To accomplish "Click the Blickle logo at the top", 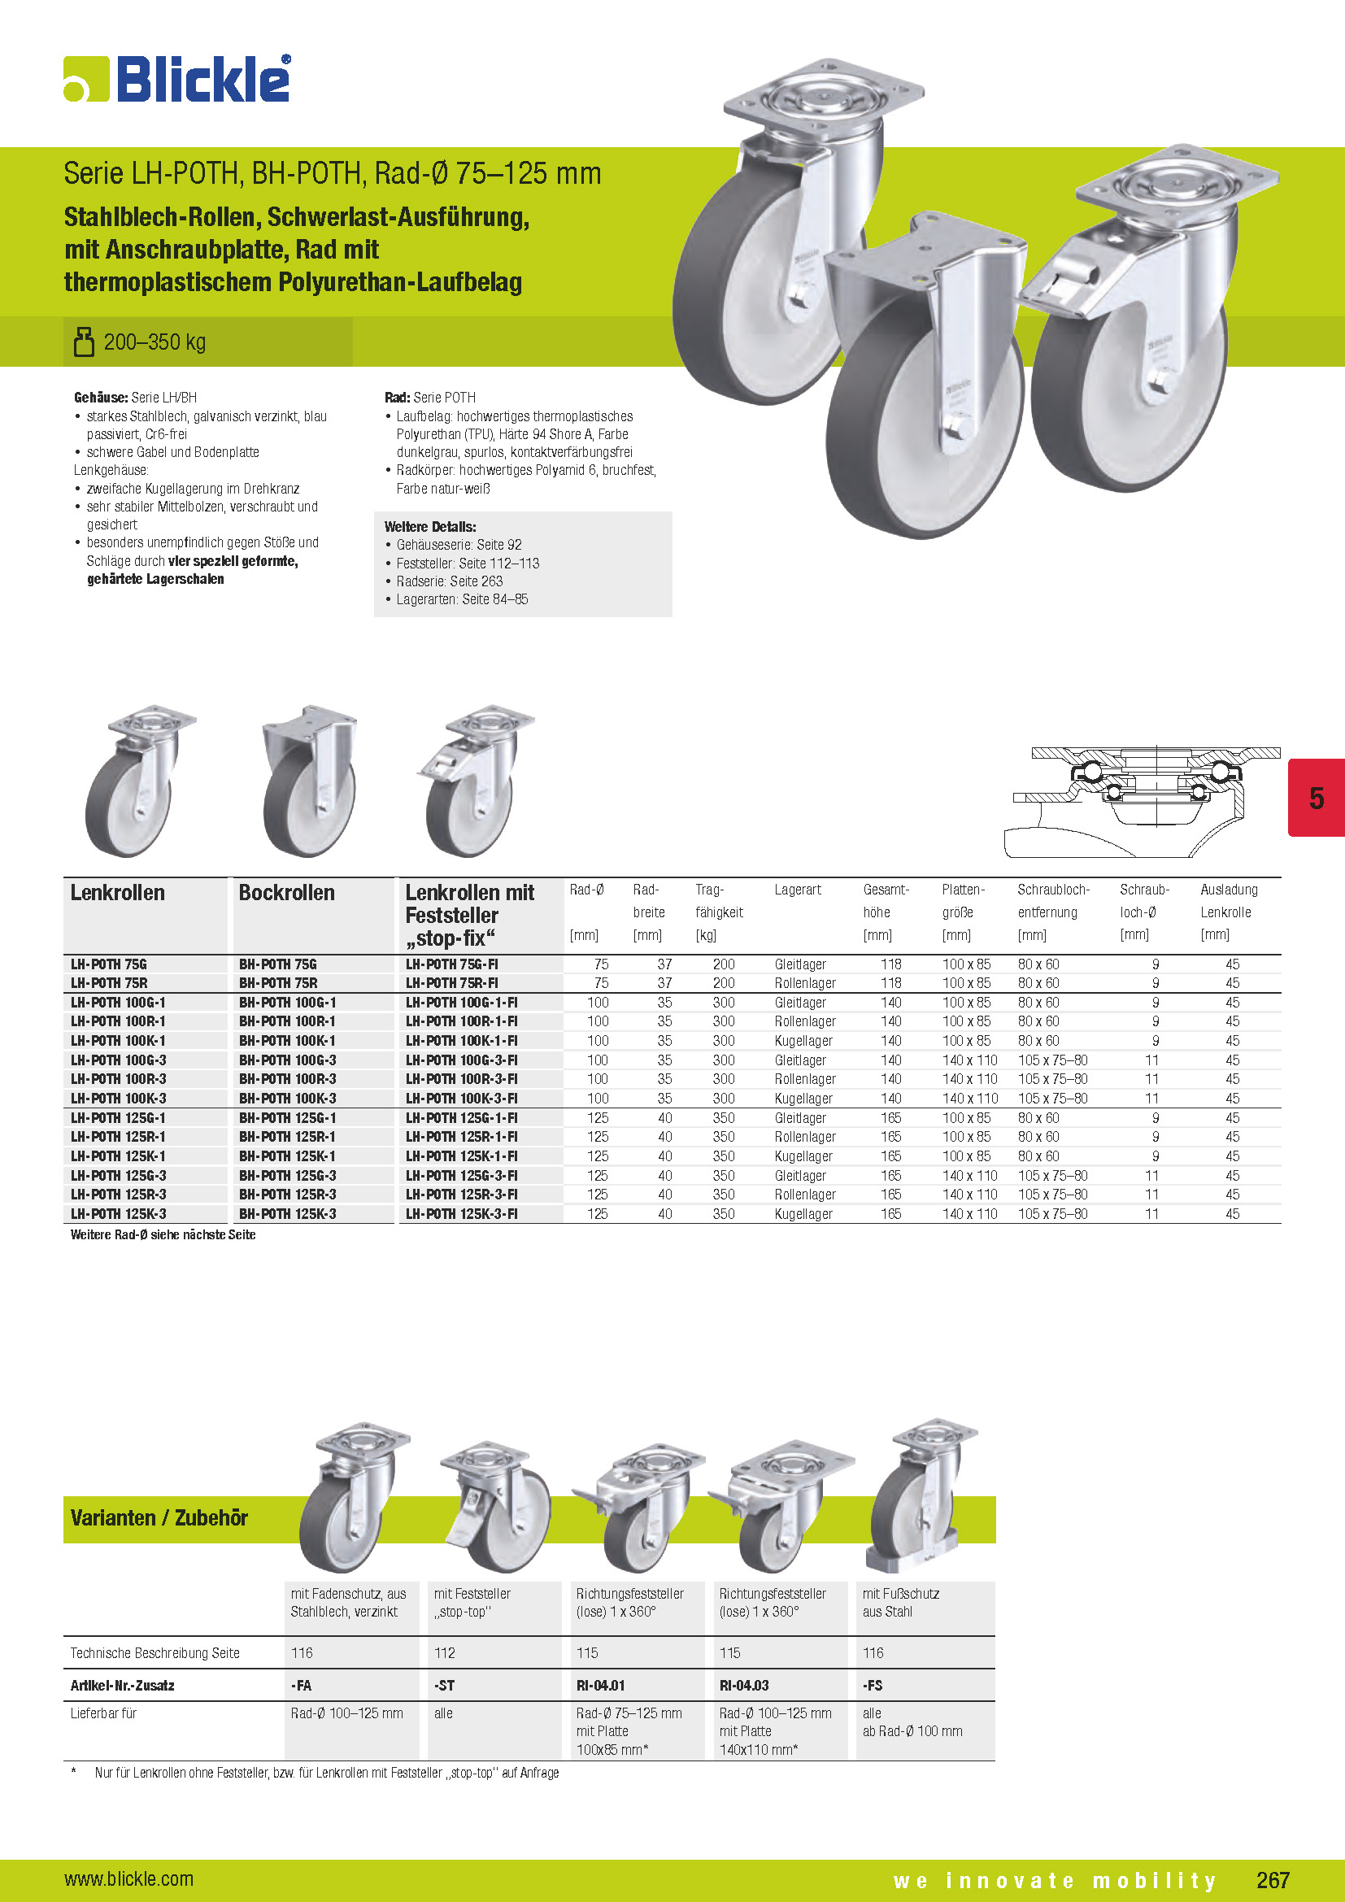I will pos(177,80).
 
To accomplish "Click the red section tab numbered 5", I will pos(1315,798).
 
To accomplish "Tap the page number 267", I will pos(1272,1879).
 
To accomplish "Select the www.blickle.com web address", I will pos(129,1878).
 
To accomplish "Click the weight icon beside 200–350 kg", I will pos(84,342).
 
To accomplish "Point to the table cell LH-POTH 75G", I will pos(109,964).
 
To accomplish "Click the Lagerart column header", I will pos(798,890).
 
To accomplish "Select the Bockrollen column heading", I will pos(286,893).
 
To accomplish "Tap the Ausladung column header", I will pos(1228,890).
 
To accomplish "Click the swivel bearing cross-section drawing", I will pos(1147,800).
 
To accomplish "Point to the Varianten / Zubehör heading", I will pos(159,1517).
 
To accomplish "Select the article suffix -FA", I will pos(302,1686).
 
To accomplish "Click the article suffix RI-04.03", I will pos(744,1686).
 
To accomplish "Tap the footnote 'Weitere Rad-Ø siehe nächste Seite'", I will pos(163,1234).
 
